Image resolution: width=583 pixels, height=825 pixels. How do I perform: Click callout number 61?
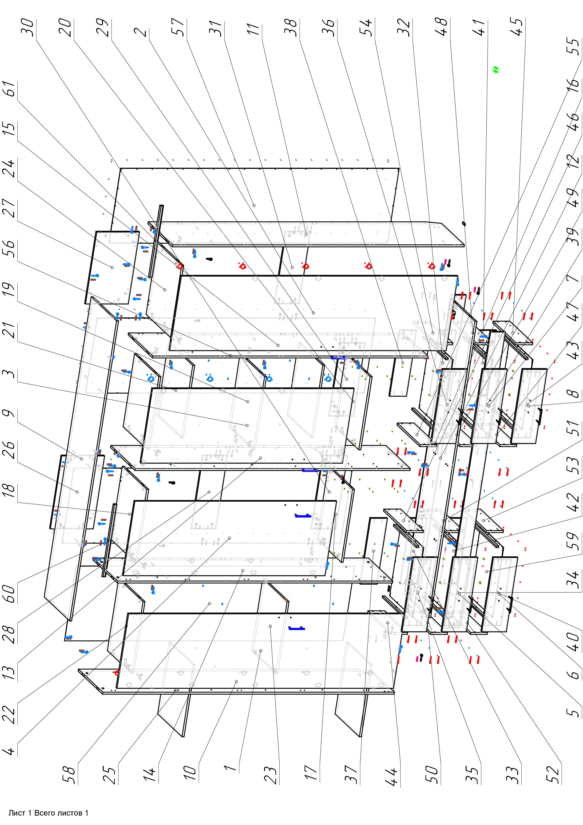click(x=11, y=89)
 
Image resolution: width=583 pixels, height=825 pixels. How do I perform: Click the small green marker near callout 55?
click(x=496, y=70)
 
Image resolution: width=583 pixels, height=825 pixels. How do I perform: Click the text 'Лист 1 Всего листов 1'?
click(x=48, y=813)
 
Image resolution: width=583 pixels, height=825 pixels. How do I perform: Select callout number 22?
click(x=11, y=715)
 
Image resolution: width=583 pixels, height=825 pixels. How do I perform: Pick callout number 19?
click(x=11, y=292)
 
